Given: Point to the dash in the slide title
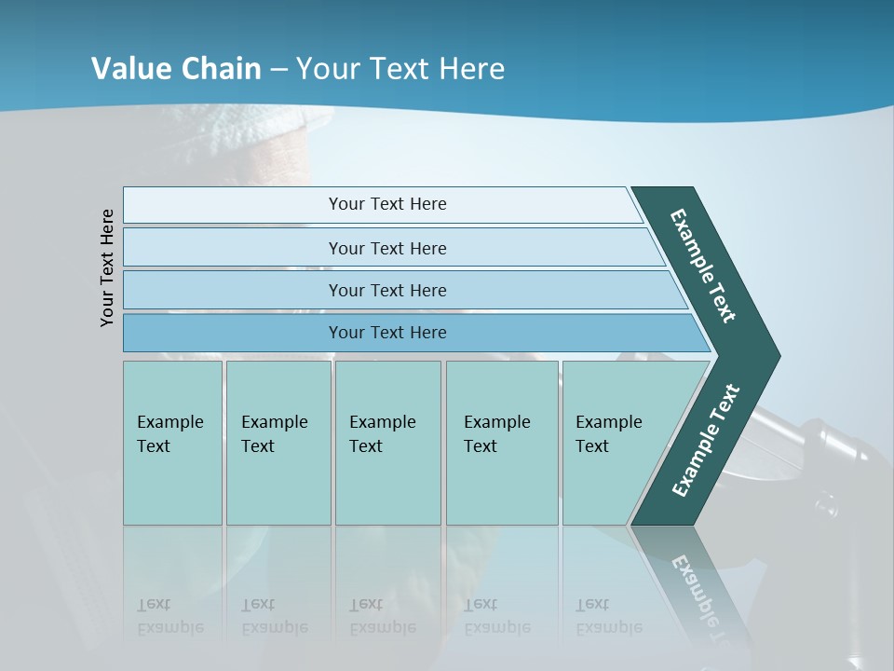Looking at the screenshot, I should pyautogui.click(x=279, y=70).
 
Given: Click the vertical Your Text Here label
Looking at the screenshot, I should pyautogui.click(x=107, y=267).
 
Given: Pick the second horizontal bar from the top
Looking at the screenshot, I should pyautogui.click(x=387, y=248).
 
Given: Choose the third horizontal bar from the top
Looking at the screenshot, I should pyautogui.click(x=387, y=290).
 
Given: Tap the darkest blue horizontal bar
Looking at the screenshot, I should pyautogui.click(x=387, y=333).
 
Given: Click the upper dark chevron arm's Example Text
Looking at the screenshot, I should pyautogui.click(x=703, y=266).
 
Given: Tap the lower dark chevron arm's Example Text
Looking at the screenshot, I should pyautogui.click(x=706, y=440).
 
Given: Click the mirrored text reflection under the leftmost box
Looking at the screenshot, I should pyautogui.click(x=170, y=616).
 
